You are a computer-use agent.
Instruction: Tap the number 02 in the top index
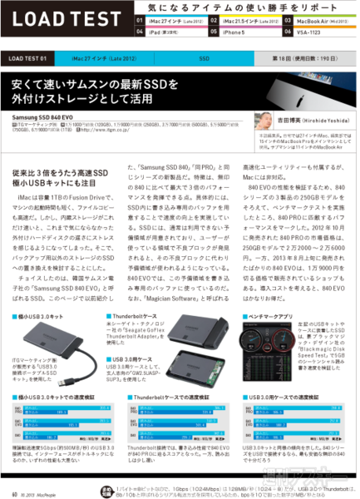[x=214, y=17]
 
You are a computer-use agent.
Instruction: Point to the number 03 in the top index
[x=288, y=17]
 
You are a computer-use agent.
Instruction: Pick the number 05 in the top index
[x=214, y=31]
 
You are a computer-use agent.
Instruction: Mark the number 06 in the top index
[x=288, y=31]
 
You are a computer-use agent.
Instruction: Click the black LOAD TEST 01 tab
[x=32, y=59]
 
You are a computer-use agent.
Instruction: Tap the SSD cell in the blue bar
[x=205, y=59]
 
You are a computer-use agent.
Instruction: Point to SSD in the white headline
[x=165, y=85]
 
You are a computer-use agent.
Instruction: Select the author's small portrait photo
[x=264, y=121]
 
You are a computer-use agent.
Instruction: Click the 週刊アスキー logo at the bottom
[x=307, y=480]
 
